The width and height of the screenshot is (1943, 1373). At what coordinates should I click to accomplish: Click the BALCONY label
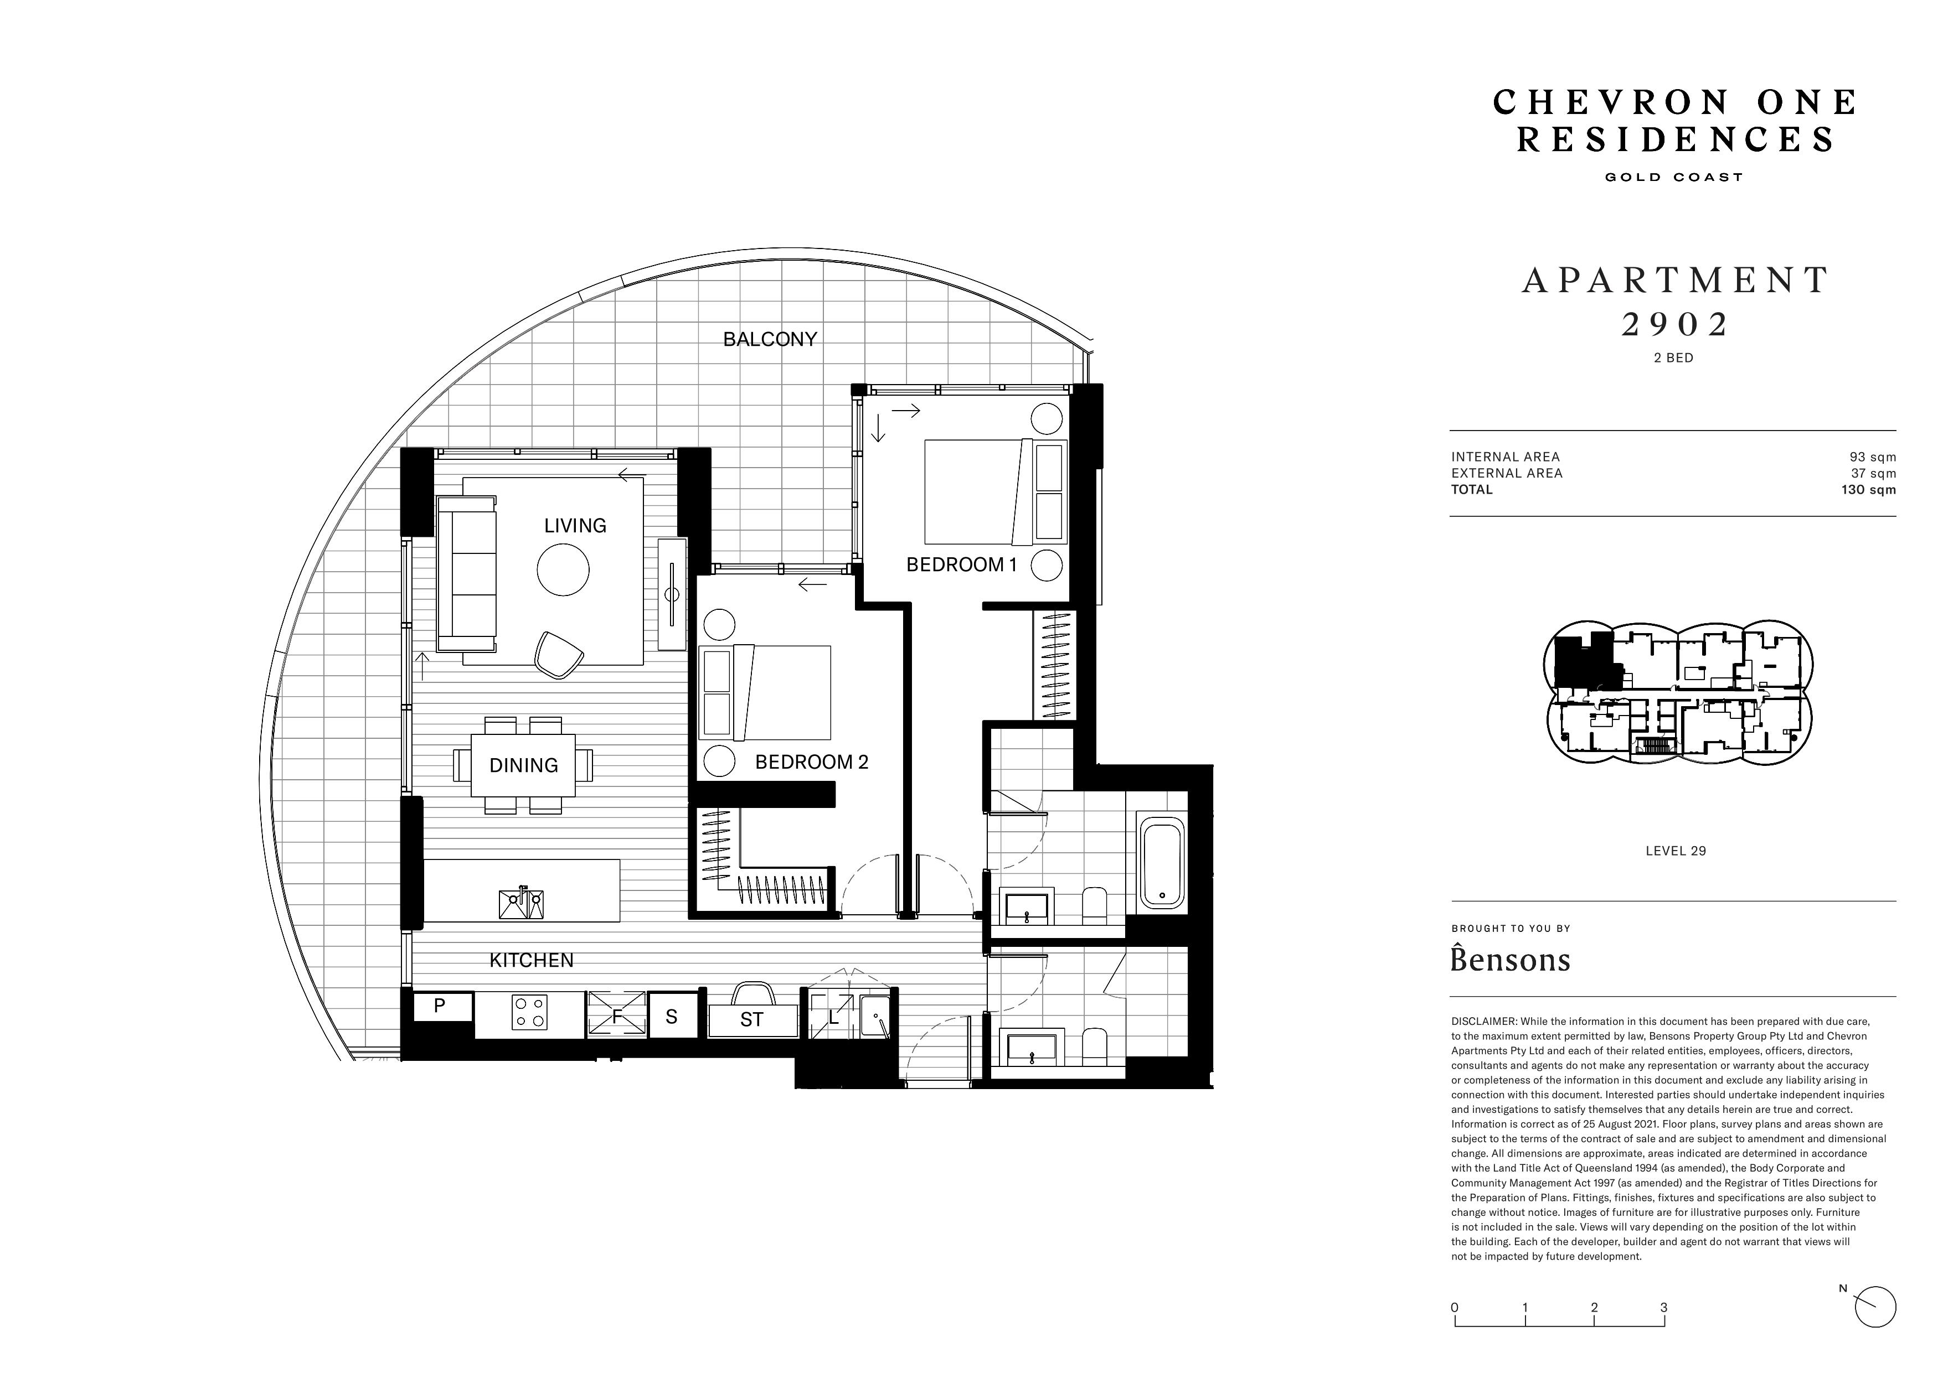point(770,339)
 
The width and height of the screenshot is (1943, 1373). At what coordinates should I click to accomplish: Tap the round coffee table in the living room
point(563,570)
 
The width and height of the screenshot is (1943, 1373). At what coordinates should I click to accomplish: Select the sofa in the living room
point(466,574)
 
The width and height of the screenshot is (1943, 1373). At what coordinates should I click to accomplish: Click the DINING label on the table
point(524,765)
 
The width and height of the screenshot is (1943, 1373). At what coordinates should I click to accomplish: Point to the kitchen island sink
point(521,904)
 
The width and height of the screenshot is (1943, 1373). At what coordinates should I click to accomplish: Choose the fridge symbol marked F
point(616,1014)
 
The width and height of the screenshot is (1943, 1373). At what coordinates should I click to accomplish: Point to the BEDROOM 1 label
point(961,564)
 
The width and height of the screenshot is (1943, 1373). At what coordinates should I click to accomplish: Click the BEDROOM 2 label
point(812,762)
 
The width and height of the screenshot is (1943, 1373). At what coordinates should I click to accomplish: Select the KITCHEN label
point(532,960)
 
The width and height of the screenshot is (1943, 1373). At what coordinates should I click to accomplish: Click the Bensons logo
point(1511,958)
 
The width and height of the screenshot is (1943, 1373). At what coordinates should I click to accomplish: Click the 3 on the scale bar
point(1664,1308)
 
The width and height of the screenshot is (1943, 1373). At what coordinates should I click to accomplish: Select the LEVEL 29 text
point(1676,851)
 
